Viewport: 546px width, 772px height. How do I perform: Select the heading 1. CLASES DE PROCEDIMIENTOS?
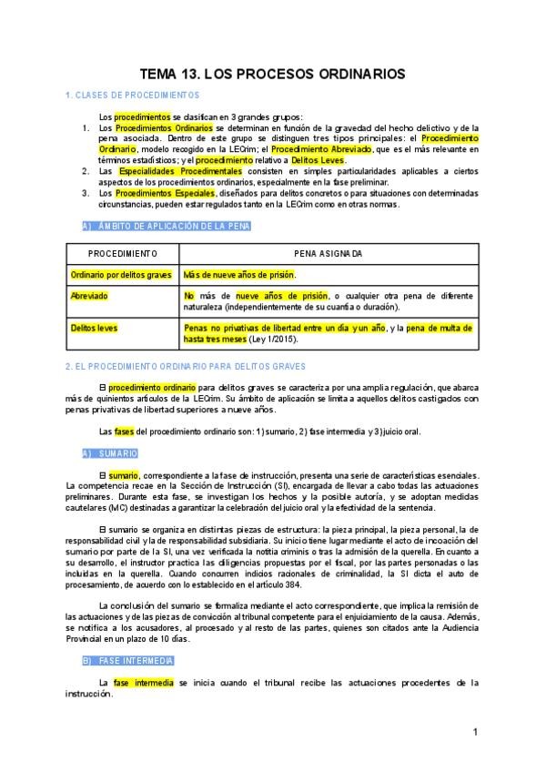click(x=133, y=96)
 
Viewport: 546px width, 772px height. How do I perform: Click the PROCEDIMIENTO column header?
click(x=122, y=253)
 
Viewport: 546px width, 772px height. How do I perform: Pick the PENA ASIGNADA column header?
click(x=328, y=253)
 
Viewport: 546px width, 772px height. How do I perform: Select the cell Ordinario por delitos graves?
click(x=121, y=274)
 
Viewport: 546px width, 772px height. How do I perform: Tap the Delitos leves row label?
click(x=94, y=328)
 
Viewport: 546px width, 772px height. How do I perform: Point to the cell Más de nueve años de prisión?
click(x=239, y=274)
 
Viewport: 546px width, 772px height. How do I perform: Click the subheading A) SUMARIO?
click(x=109, y=452)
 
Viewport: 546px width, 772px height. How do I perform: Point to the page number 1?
click(x=476, y=732)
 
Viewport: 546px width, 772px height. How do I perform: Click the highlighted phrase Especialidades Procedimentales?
click(x=180, y=171)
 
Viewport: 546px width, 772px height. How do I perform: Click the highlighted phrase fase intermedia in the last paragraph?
click(x=144, y=682)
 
